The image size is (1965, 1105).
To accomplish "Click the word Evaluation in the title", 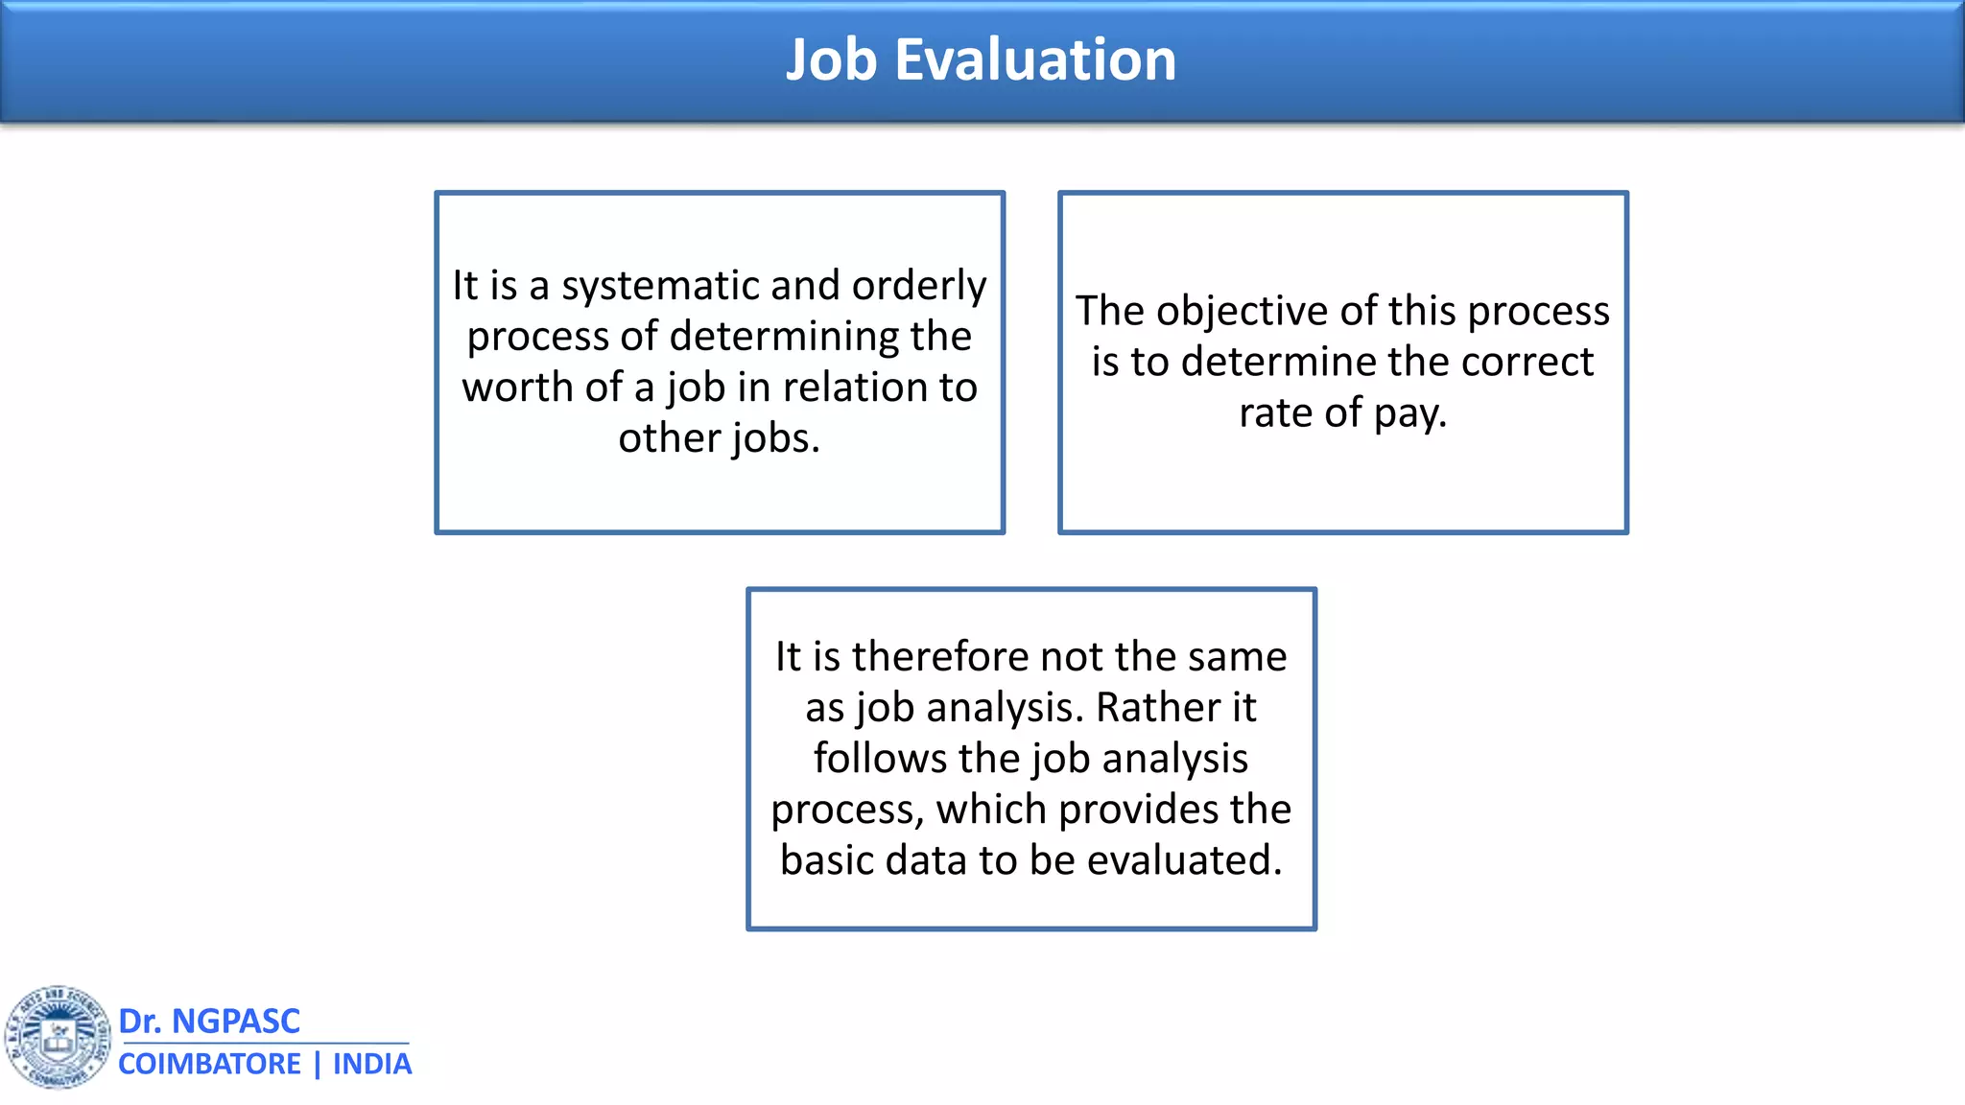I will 1035,59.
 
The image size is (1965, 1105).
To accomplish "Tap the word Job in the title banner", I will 832,59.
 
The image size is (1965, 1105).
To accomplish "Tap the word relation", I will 855,388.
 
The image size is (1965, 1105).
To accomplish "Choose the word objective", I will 1243,312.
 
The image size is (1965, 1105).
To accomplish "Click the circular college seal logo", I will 58,1037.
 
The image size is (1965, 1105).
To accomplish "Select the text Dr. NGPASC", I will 209,1022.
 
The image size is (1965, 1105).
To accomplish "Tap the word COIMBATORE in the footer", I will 209,1065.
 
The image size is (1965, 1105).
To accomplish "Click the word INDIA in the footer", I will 372,1065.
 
